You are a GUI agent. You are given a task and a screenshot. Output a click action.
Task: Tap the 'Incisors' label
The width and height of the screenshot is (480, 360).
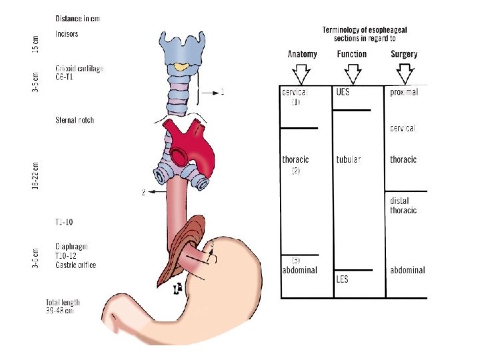click(67, 34)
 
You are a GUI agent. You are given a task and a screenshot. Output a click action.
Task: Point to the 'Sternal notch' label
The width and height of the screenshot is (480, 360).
click(75, 121)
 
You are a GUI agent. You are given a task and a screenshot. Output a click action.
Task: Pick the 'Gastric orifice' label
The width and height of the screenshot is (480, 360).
click(76, 265)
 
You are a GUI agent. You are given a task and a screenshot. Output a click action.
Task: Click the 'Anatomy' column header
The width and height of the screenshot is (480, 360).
click(302, 54)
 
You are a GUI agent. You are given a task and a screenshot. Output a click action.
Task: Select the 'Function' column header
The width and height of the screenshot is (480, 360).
click(351, 54)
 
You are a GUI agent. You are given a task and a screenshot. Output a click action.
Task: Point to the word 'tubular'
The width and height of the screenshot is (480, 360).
click(349, 159)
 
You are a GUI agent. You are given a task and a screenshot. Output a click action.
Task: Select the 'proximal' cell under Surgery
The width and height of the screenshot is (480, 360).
click(404, 93)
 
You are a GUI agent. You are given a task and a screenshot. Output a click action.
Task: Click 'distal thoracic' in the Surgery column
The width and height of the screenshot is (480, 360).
click(403, 205)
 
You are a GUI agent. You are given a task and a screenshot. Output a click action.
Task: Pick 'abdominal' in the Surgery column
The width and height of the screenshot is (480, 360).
click(407, 270)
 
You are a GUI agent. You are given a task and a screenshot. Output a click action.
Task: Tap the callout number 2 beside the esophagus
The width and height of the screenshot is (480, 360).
click(143, 193)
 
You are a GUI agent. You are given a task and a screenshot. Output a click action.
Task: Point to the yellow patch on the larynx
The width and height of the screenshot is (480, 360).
click(181, 67)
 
